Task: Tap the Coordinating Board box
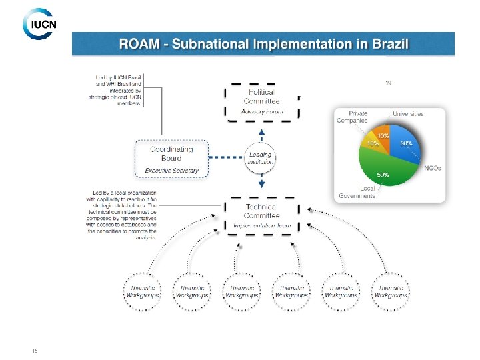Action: (x=171, y=159)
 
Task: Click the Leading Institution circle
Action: (x=261, y=158)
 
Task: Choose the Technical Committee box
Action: (x=261, y=215)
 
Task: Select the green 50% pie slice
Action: (x=384, y=169)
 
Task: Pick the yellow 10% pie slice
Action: (x=371, y=142)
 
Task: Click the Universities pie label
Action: (x=407, y=114)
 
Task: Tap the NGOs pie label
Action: (x=432, y=168)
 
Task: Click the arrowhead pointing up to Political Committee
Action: (x=261, y=132)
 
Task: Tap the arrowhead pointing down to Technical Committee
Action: (x=261, y=184)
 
